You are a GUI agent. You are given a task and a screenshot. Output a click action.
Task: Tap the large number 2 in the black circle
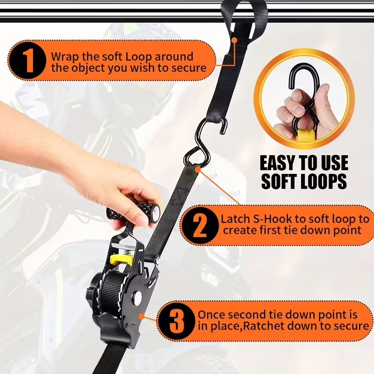coord(200,225)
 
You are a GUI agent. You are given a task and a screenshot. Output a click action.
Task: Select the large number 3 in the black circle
coord(177,321)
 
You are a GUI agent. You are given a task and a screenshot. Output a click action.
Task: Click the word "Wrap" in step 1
coord(65,57)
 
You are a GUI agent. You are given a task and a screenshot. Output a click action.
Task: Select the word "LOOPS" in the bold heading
coord(321,181)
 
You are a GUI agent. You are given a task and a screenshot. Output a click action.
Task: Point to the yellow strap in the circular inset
coord(306,136)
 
